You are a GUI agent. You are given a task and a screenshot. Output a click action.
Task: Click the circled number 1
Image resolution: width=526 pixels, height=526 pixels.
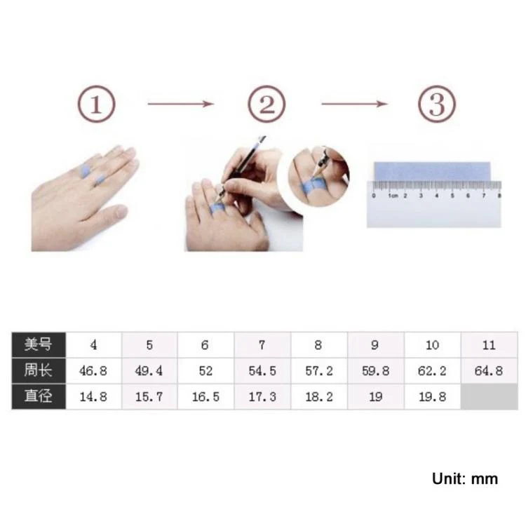(x=96, y=104)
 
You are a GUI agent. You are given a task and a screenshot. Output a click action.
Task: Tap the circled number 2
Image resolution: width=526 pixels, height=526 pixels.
(x=267, y=104)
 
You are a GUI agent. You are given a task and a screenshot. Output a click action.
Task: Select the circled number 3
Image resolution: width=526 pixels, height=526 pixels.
(x=437, y=104)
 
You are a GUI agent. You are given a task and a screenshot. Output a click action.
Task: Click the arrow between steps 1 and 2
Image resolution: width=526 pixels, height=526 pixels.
(x=181, y=104)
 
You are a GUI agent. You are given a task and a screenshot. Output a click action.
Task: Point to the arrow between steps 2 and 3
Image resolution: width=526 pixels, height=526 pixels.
(x=355, y=104)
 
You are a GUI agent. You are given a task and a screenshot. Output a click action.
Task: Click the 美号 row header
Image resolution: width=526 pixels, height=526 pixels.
(x=39, y=344)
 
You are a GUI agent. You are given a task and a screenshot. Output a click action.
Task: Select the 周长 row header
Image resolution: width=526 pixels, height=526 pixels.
(x=39, y=371)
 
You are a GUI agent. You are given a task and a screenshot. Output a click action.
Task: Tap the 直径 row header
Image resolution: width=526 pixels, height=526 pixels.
(x=39, y=396)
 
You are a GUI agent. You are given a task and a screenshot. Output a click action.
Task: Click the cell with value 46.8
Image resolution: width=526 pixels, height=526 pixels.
(x=93, y=371)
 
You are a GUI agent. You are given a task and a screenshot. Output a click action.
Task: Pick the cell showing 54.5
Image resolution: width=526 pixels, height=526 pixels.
(x=262, y=371)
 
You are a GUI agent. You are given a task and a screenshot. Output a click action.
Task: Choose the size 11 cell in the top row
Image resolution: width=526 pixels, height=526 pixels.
(x=489, y=344)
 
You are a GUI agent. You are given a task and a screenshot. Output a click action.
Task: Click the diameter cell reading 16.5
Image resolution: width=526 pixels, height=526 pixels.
(x=205, y=397)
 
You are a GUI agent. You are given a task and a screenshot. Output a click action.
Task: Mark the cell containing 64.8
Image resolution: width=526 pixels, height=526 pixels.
(x=489, y=371)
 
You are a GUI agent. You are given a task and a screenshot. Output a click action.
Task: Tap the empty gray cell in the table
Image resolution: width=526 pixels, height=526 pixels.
(x=489, y=397)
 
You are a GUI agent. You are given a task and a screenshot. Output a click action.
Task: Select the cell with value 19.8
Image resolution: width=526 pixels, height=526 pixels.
(x=433, y=397)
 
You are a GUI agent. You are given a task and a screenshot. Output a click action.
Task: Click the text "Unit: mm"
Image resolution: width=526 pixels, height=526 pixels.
(x=465, y=479)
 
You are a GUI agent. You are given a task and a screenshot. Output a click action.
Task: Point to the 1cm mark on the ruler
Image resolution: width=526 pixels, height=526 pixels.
(x=393, y=196)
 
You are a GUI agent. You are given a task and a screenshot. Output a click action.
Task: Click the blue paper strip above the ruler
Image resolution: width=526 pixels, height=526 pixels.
(x=432, y=171)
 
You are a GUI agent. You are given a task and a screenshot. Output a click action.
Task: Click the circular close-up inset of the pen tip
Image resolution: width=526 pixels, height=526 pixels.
(x=319, y=177)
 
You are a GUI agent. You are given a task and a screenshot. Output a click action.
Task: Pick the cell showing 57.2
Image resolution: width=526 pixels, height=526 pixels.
(x=319, y=371)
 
